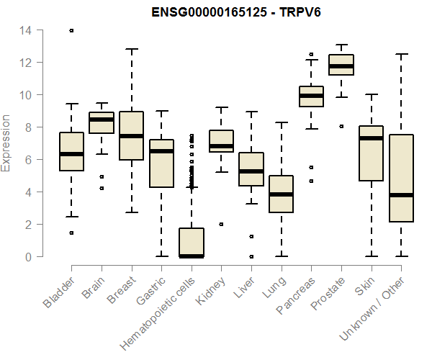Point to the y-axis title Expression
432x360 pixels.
point(6,143)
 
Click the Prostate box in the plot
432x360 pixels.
point(341,65)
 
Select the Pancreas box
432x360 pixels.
point(311,96)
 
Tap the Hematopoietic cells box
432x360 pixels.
point(192,243)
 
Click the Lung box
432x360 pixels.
point(282,194)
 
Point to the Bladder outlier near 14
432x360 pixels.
point(71,30)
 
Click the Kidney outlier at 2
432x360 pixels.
point(221,224)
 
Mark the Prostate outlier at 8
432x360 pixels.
point(341,126)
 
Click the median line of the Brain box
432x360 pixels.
point(102,120)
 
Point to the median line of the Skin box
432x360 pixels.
point(372,138)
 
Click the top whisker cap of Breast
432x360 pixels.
point(131,49)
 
